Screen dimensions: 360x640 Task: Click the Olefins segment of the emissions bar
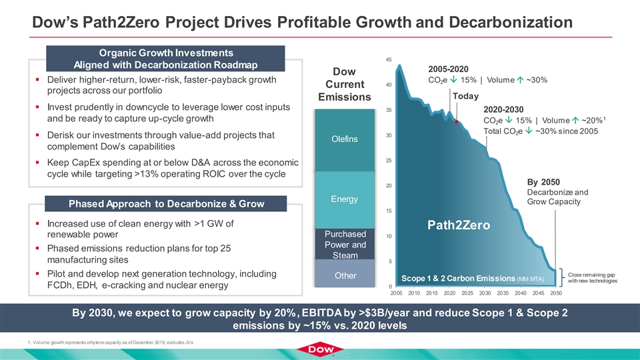click(346, 139)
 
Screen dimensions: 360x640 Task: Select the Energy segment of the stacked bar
click(346, 199)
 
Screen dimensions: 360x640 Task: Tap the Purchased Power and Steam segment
click(346, 244)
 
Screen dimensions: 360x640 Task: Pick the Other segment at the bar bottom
click(346, 275)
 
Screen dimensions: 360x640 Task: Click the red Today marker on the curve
click(457, 123)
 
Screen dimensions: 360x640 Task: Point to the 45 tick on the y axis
click(387, 60)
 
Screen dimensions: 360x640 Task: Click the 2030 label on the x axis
click(485, 293)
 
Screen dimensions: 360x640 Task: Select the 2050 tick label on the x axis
click(556, 293)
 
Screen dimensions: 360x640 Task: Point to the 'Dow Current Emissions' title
click(346, 84)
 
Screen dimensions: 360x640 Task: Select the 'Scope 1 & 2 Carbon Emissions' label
click(473, 277)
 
